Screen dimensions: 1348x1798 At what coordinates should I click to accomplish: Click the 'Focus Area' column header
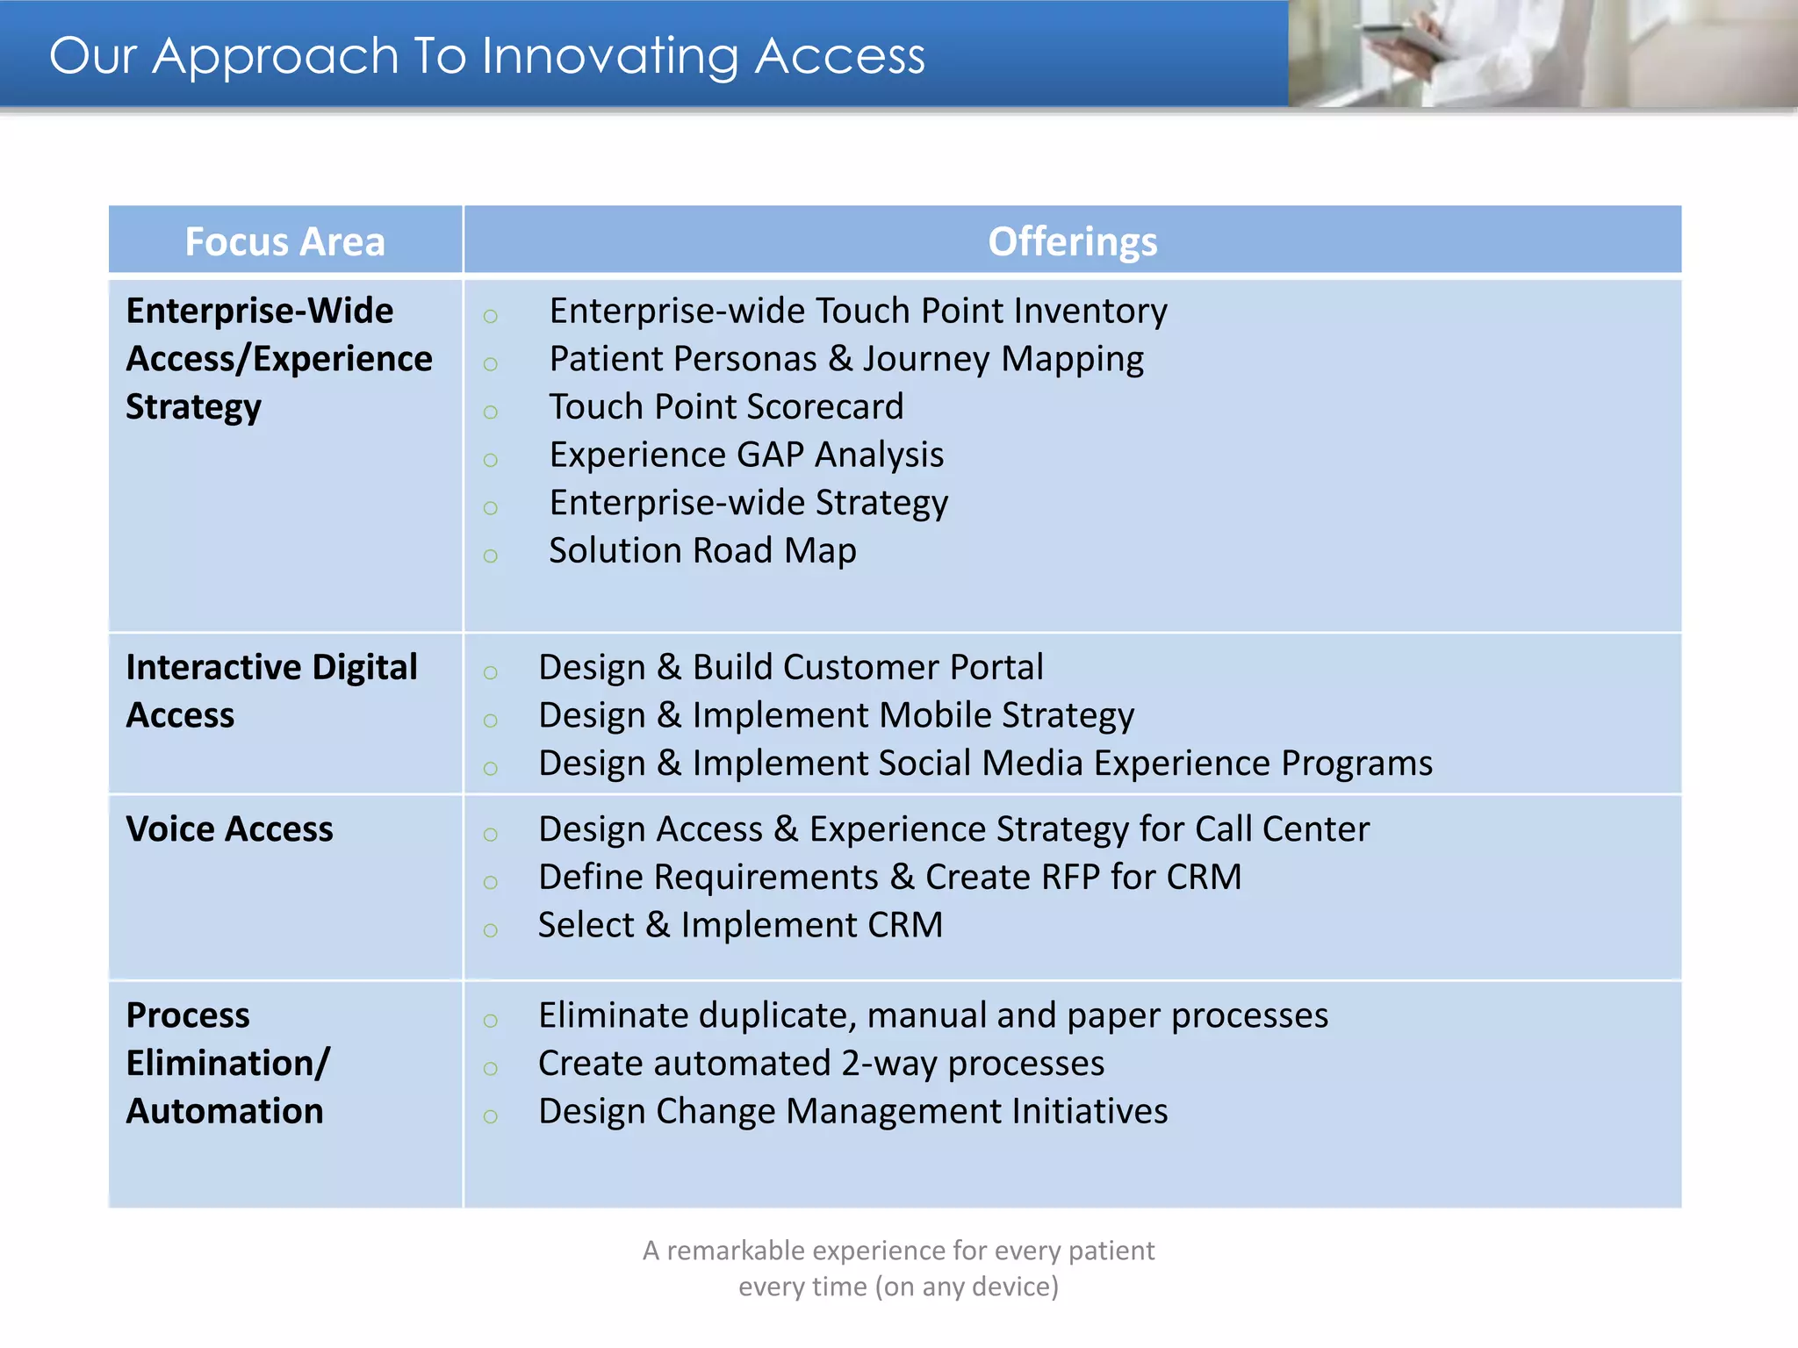284,241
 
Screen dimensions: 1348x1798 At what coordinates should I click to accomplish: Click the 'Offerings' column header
1072,241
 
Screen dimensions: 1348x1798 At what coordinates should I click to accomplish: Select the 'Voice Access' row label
229,829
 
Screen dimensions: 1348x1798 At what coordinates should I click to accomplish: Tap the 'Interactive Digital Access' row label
270,691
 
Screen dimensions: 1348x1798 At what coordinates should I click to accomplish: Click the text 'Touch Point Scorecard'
726,407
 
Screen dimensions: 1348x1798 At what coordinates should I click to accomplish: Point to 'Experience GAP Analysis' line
746,455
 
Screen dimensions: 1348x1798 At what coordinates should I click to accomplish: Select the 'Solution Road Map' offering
702,551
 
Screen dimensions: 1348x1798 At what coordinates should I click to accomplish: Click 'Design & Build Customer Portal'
790,668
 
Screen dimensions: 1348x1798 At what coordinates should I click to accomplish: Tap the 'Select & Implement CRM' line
740,925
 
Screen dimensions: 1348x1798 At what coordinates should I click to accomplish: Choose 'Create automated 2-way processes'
821,1064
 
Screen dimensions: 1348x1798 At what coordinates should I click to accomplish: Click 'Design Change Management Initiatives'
852,1112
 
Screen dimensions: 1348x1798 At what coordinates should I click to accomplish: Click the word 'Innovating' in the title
609,56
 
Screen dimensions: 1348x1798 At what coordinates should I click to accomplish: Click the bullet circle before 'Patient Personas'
491,364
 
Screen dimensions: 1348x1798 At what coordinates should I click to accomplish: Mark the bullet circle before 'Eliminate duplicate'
491,1021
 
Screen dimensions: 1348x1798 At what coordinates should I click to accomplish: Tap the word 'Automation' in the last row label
225,1112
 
